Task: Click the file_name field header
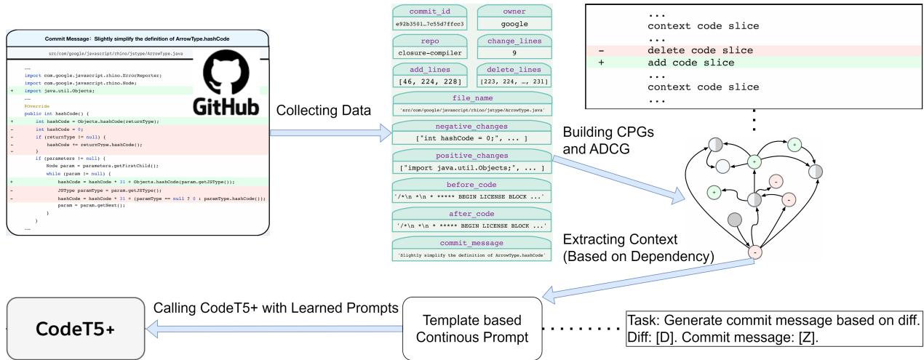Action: (x=471, y=97)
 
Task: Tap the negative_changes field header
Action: (x=471, y=127)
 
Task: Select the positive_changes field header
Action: (x=471, y=156)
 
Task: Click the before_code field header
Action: (x=471, y=185)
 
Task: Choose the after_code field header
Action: (x=471, y=214)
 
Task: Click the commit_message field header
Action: (x=471, y=243)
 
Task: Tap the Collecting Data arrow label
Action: (x=326, y=110)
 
